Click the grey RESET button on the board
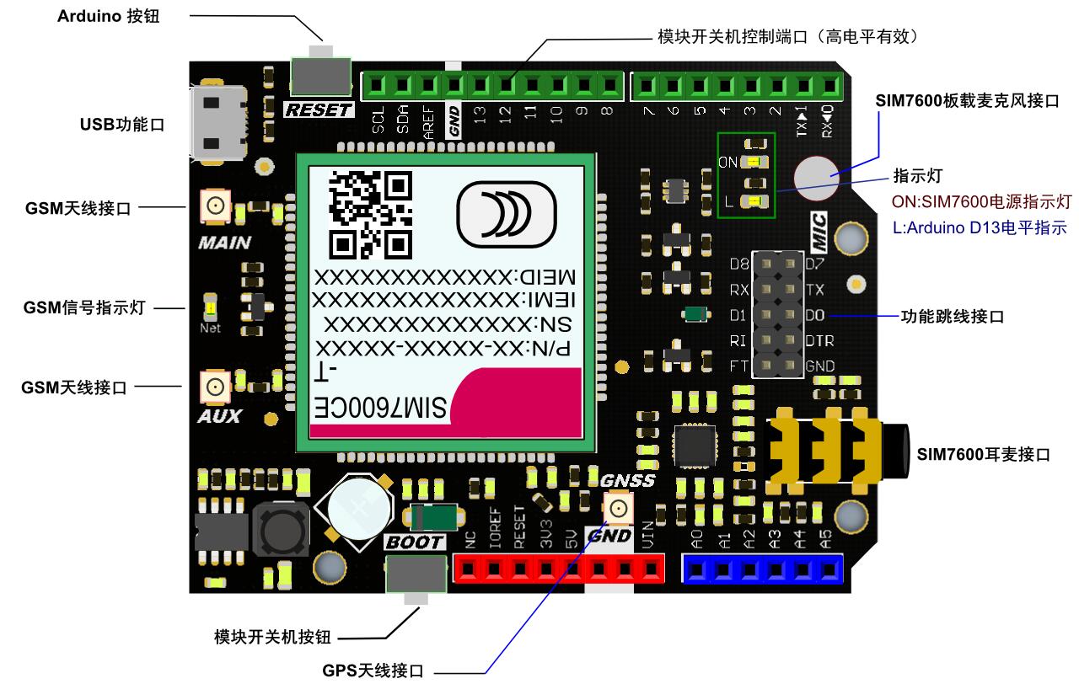click(x=320, y=76)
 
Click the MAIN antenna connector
click(x=214, y=206)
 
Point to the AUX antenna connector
click(x=214, y=387)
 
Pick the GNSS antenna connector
click(x=618, y=508)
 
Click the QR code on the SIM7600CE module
click(x=371, y=215)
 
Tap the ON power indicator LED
click(x=754, y=162)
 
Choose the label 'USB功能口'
click(x=122, y=125)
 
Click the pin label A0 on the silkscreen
click(x=695, y=537)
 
